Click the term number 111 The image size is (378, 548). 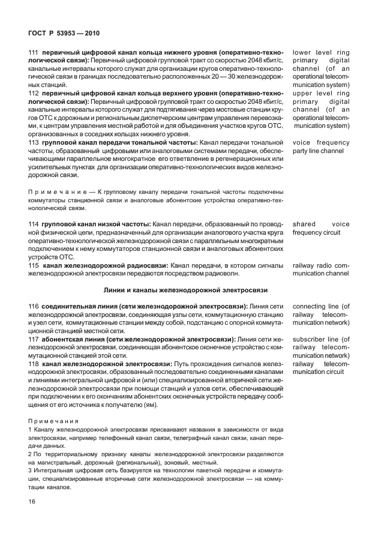click(x=34, y=53)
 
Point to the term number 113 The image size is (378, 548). click(x=34, y=142)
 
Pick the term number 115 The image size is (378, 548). click(x=34, y=265)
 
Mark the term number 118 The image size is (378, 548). click(x=34, y=364)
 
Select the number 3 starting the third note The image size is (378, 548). click(x=31, y=470)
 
